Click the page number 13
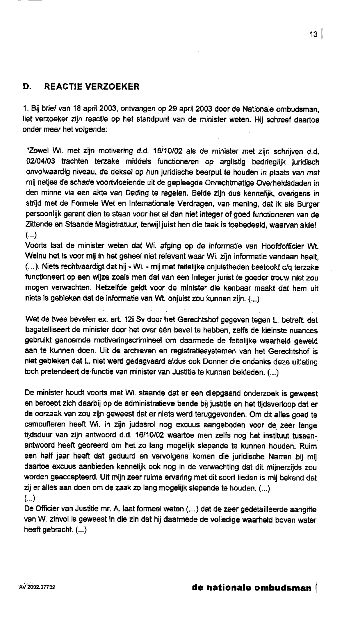[x=313, y=34]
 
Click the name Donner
[x=215, y=361]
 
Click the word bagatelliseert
[x=48, y=331]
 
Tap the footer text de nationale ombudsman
[x=252, y=587]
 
